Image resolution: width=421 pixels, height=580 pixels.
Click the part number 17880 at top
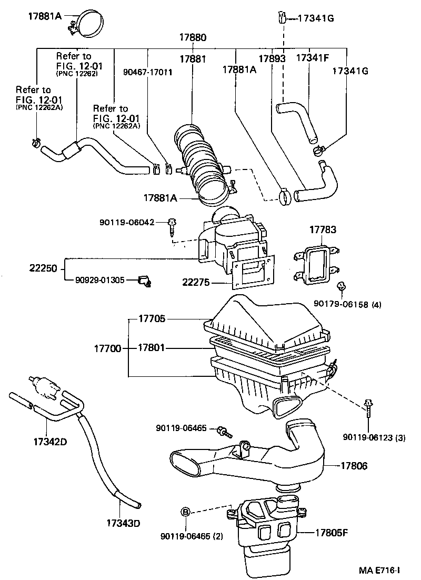pos(192,38)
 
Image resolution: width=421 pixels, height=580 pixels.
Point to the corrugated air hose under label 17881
pos(203,161)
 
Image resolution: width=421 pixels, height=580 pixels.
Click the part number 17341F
pos(312,58)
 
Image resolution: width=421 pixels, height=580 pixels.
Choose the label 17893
pos(272,58)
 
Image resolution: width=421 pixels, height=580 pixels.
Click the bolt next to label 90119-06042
pos(172,227)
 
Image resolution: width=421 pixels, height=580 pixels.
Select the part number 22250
pos(43,268)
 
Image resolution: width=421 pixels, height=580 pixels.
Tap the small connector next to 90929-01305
pos(143,282)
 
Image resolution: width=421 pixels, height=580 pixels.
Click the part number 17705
pos(152,318)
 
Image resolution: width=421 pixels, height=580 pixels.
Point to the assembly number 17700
pos(108,348)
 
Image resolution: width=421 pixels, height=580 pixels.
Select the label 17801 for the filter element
pos(152,348)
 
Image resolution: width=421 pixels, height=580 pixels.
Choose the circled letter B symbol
pos(186,511)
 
